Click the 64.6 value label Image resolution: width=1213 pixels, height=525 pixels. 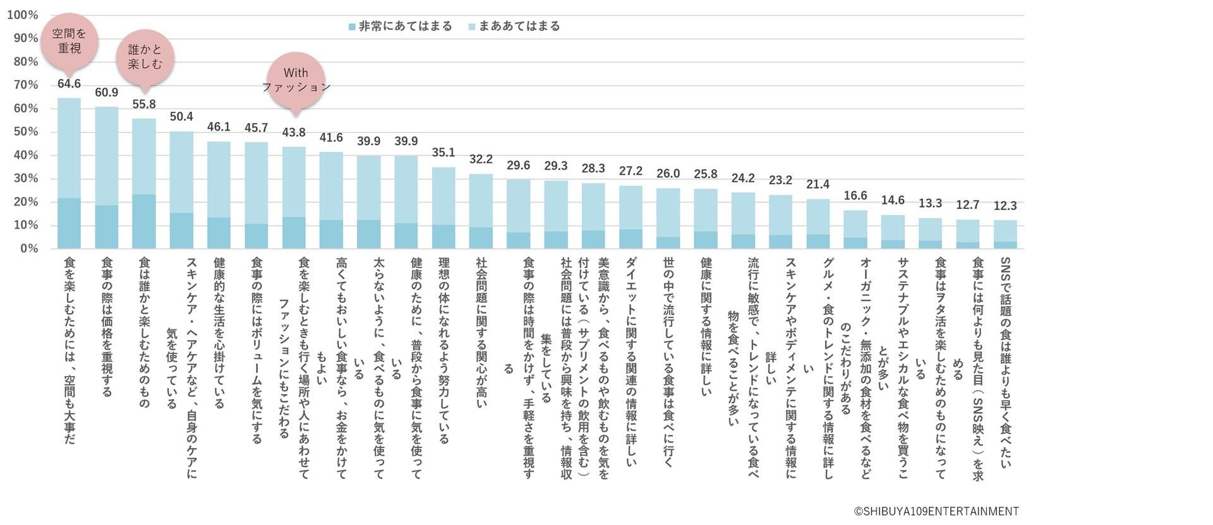pyautogui.click(x=69, y=84)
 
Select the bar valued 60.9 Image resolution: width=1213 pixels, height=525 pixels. pyautogui.click(x=107, y=177)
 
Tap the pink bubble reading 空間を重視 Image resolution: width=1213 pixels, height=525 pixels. pyautogui.click(x=69, y=41)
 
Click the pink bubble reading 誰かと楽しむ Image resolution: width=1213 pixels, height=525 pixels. pyautogui.click(x=145, y=57)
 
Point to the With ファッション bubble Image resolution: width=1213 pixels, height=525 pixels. pyautogui.click(x=296, y=80)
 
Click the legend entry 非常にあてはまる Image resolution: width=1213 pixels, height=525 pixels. pyautogui.click(x=401, y=27)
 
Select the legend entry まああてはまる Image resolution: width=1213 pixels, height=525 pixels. pyautogui.click(x=514, y=27)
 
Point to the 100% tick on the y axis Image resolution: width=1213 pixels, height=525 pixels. pyautogui.click(x=22, y=15)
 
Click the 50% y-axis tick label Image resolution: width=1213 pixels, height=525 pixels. pyautogui.click(x=25, y=132)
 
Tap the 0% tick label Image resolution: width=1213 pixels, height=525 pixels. pyautogui.click(x=28, y=249)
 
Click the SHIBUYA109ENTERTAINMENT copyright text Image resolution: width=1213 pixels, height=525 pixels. pyautogui.click(x=936, y=511)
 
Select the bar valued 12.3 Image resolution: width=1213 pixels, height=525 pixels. pyautogui.click(x=1005, y=234)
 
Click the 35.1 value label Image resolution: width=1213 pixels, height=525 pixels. pyautogui.click(x=444, y=153)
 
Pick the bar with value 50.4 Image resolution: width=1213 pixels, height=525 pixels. pyautogui.click(x=181, y=189)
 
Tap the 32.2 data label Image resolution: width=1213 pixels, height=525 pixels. pyautogui.click(x=481, y=160)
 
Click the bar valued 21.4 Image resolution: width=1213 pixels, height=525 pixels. pyautogui.click(x=818, y=224)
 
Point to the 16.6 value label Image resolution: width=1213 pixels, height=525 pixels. pyautogui.click(x=855, y=196)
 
